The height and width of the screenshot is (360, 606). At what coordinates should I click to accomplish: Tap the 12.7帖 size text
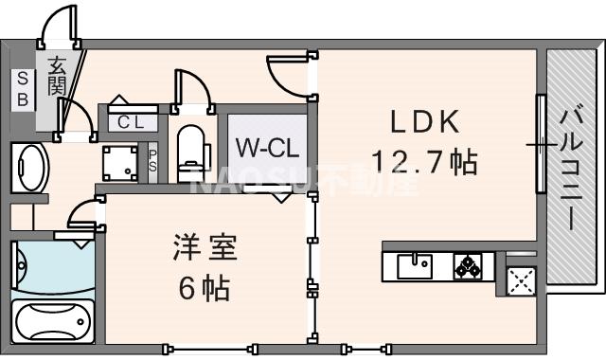point(422,162)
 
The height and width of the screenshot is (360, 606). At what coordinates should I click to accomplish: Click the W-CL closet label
point(267,148)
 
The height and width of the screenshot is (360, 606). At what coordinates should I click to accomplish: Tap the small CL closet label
point(131,121)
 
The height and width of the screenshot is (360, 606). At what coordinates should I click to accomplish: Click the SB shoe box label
point(21,88)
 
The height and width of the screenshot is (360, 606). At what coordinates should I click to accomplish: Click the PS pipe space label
point(153,160)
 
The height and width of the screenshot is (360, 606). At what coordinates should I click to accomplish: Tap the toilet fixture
point(191,152)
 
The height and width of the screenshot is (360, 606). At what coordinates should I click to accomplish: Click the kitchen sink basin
point(416,265)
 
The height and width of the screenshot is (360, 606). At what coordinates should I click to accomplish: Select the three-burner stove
point(468,265)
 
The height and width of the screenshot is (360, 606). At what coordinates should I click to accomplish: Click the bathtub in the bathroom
point(53,323)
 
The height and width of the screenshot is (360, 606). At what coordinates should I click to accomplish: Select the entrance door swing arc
point(62,27)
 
